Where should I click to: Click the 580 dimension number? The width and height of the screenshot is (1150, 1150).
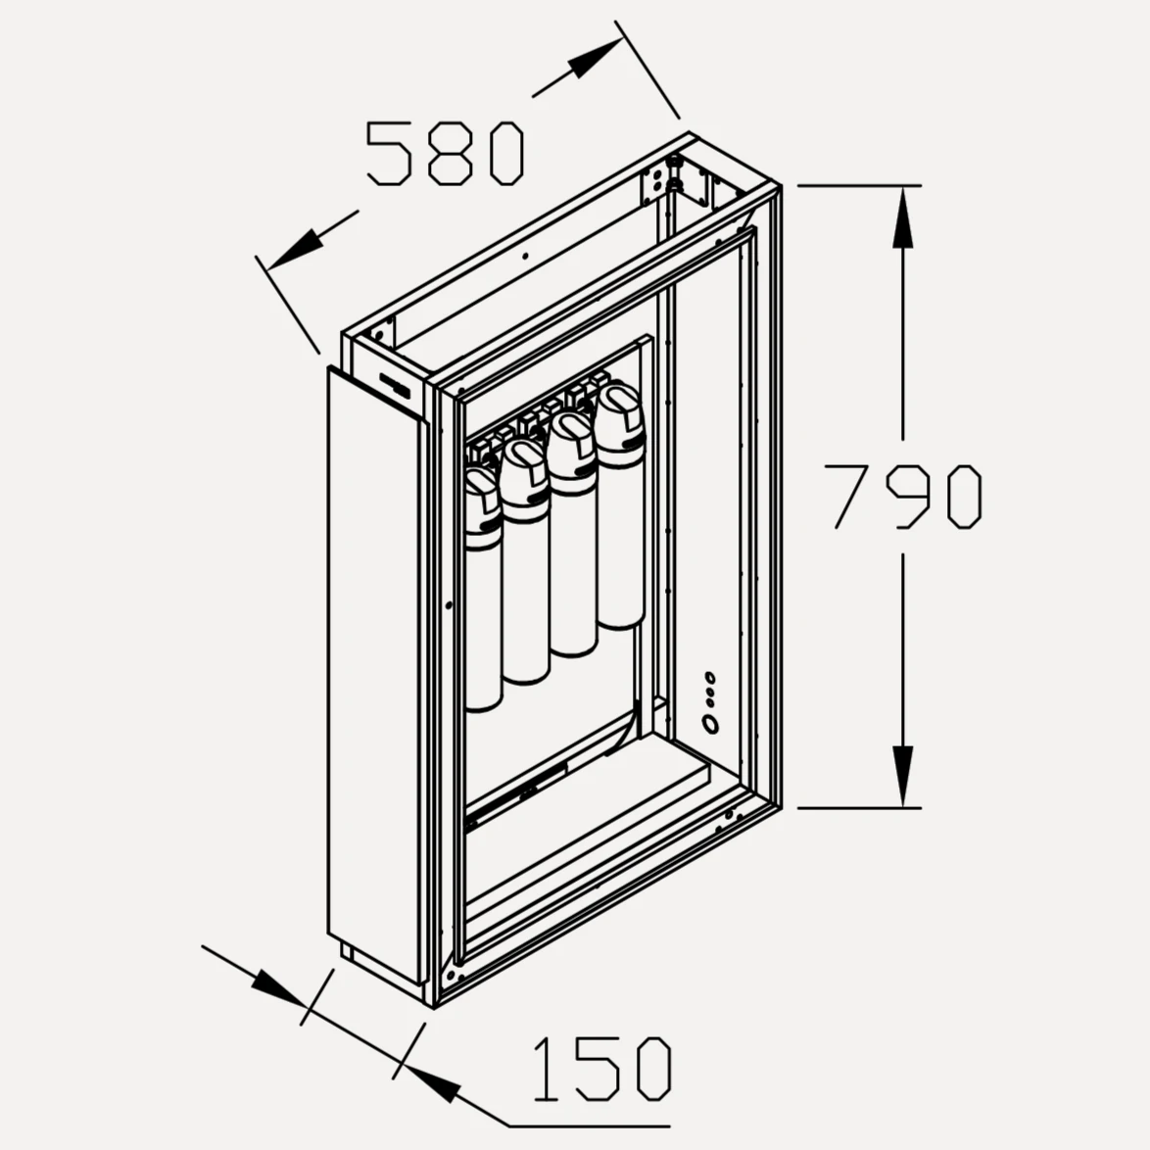[445, 153]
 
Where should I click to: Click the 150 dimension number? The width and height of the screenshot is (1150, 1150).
[601, 1069]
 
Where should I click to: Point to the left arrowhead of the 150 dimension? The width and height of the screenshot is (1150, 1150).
[279, 987]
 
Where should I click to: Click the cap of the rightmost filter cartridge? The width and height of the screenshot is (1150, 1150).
[620, 422]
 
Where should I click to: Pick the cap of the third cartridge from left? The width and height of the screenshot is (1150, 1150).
[572, 450]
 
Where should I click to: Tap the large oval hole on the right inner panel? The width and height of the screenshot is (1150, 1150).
[710, 725]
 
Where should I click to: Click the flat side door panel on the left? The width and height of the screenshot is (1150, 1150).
[375, 675]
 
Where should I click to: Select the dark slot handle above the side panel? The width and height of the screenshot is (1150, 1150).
[395, 386]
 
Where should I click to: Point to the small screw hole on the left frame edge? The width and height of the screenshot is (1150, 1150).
[449, 605]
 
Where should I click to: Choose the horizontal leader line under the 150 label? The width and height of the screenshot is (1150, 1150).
[590, 1126]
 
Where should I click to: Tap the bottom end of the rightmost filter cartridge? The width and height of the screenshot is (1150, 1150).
[620, 622]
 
